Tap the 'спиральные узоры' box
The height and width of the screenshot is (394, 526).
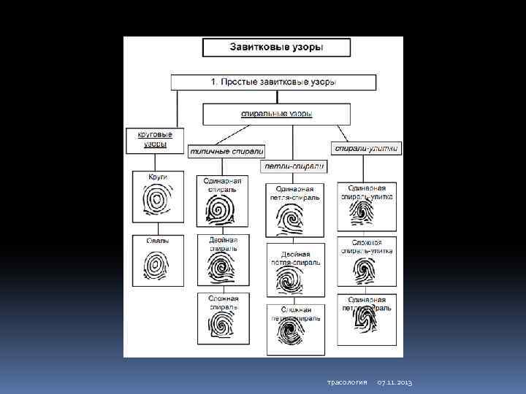coord(277,114)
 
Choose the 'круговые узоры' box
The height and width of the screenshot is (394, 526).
coord(155,139)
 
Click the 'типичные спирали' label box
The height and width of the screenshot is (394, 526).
coord(226,151)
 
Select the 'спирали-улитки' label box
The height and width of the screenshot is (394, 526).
coord(366,147)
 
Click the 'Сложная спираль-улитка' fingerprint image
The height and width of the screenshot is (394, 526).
coord(366,269)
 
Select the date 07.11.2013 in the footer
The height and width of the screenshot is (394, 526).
coord(395,383)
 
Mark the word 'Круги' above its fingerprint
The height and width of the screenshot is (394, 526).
coord(158,177)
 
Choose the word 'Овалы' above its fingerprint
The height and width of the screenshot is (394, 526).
coord(157,240)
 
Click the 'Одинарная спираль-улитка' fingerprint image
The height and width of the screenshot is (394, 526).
coord(366,212)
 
